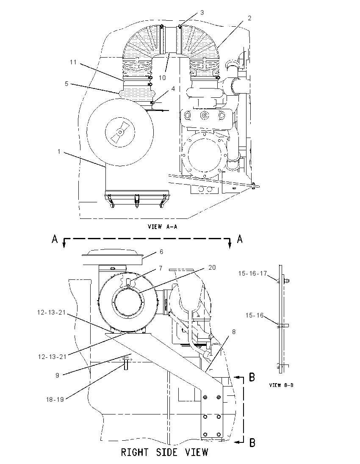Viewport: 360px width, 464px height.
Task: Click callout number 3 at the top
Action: tap(202, 13)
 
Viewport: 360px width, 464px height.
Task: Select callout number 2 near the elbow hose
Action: tap(249, 18)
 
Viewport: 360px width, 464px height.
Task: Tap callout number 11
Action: tap(73, 62)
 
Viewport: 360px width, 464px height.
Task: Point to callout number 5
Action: tap(66, 84)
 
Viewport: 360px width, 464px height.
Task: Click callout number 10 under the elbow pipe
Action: tap(162, 77)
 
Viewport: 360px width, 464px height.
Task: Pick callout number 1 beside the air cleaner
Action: tap(59, 152)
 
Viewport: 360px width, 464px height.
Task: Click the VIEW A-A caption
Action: tap(163, 226)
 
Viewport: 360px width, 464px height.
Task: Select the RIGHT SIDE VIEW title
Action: tap(165, 452)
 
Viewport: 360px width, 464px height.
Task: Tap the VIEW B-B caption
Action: tap(281, 385)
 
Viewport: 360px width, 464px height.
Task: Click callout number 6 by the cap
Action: tap(161, 252)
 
